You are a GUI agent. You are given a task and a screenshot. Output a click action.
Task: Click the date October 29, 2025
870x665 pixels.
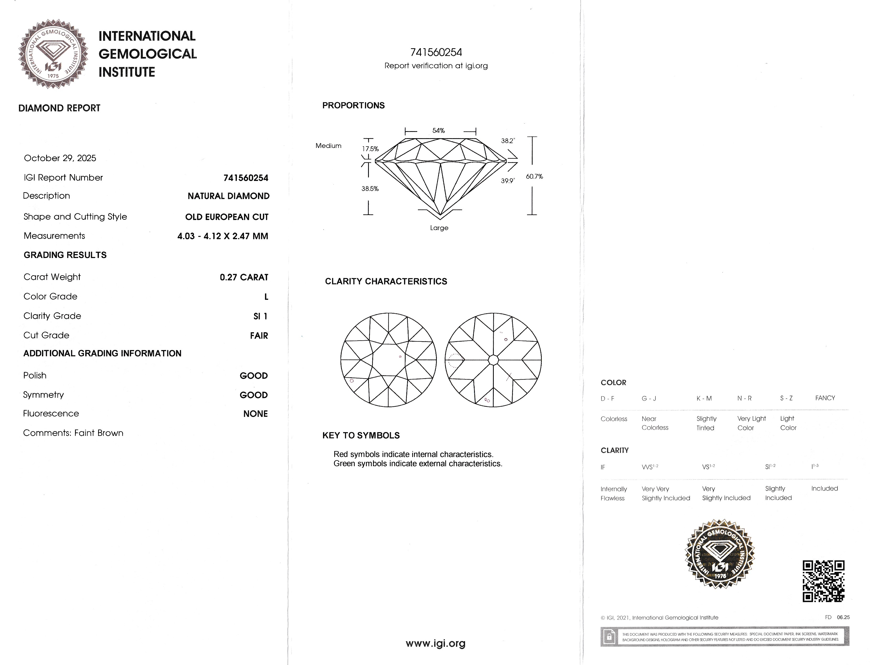[x=60, y=158]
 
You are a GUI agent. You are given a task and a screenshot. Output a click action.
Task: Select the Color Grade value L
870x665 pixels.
[x=266, y=297]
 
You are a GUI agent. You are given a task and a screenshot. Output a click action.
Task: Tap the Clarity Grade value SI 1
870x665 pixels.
[x=260, y=316]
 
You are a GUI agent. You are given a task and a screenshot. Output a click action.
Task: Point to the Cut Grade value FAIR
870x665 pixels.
[x=259, y=336]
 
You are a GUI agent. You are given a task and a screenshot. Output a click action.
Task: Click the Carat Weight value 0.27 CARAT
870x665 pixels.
[x=244, y=277]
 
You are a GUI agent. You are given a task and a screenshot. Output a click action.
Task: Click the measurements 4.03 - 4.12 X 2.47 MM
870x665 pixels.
[x=222, y=236]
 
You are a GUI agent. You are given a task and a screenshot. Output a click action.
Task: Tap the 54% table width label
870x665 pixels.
[x=438, y=131]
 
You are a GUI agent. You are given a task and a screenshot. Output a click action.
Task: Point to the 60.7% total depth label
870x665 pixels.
[x=534, y=176]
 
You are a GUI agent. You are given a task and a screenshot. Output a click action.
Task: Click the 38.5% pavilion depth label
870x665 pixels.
[x=370, y=189]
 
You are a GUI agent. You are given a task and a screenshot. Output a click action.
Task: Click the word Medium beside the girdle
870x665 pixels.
[x=328, y=146]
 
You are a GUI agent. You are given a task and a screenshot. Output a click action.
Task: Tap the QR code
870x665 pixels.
[x=823, y=581]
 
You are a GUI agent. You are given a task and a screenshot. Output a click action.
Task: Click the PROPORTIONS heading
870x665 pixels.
[x=353, y=106]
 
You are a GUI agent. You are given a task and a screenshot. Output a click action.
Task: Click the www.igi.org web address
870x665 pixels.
[x=436, y=643]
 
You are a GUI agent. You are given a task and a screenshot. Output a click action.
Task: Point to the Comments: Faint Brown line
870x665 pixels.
[x=73, y=433]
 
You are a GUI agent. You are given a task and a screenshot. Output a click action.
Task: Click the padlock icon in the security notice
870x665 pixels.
[x=609, y=637]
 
